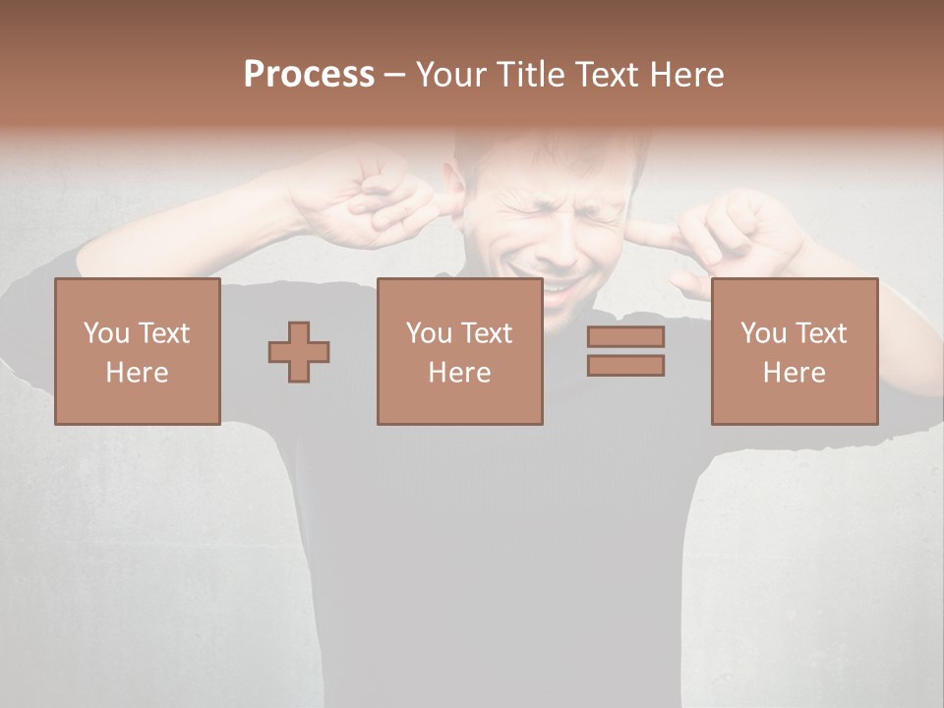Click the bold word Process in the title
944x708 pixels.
[x=309, y=75]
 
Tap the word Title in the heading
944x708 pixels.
[x=530, y=75]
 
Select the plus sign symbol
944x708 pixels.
[x=299, y=352]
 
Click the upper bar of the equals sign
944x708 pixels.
[x=625, y=336]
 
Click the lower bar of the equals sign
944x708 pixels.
[x=625, y=366]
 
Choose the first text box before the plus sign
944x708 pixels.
[x=137, y=351]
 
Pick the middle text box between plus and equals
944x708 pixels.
[x=459, y=351]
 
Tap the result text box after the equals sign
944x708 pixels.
[x=794, y=351]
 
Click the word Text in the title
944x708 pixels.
[x=605, y=75]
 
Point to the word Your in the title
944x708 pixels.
[x=451, y=75]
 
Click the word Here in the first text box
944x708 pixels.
[x=137, y=373]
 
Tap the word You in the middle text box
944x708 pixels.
[x=428, y=333]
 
